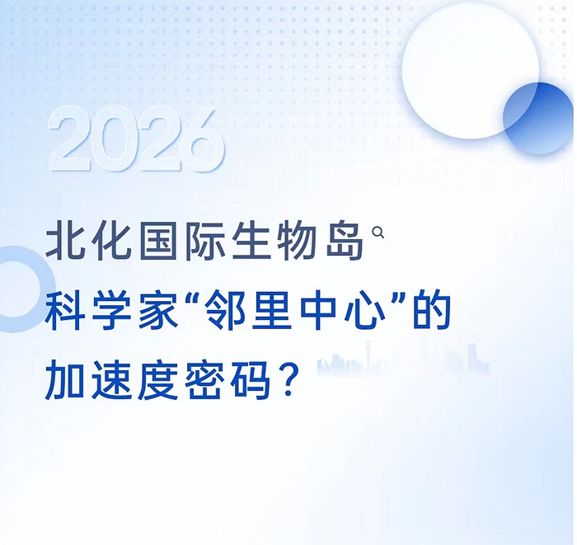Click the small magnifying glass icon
[x=378, y=233]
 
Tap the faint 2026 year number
[x=137, y=140]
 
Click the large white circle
[x=471, y=71]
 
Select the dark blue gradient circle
[x=538, y=119]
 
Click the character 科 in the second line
[x=65, y=310]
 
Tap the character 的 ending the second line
[x=431, y=310]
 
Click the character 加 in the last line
[x=64, y=379]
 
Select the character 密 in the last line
[x=204, y=379]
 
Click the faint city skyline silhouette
[x=403, y=359]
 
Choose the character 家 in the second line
[x=158, y=310]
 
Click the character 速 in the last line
[x=111, y=379]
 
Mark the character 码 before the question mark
[x=251, y=379]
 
